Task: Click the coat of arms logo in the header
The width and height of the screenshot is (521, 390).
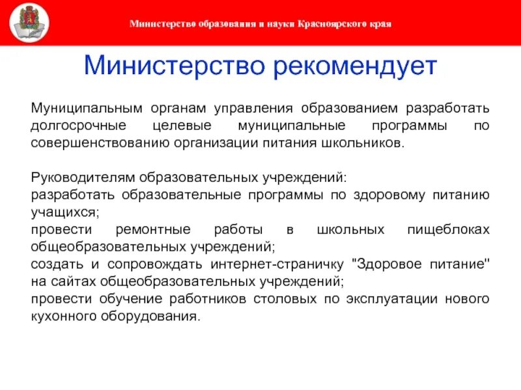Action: [x=29, y=23]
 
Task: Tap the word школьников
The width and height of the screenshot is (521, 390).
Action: [x=368, y=142]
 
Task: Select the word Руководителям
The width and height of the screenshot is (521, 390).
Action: [x=73, y=177]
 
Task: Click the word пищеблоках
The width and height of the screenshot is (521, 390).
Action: [x=448, y=230]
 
